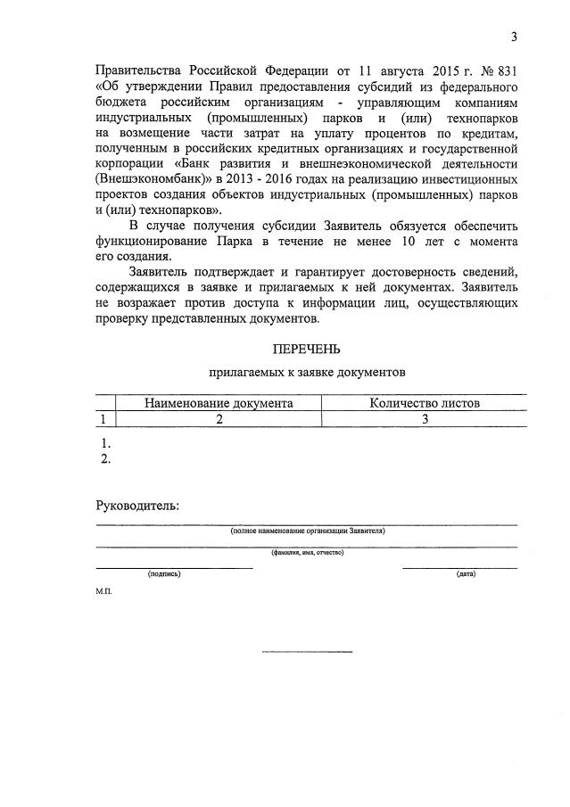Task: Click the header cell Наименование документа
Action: [x=219, y=403]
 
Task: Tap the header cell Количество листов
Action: [x=425, y=403]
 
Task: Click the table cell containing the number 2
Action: [x=219, y=419]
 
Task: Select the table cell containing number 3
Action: [x=425, y=419]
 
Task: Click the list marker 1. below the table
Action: [x=106, y=443]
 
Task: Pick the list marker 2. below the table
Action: [x=106, y=459]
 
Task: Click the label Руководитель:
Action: [x=136, y=506]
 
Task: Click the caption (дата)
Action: [x=466, y=574]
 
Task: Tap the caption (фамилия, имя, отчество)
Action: [x=307, y=553]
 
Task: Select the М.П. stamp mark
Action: [x=104, y=592]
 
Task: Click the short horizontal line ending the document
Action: [x=307, y=652]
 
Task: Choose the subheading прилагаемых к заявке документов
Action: [x=307, y=373]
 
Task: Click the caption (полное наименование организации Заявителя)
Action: [x=307, y=531]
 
